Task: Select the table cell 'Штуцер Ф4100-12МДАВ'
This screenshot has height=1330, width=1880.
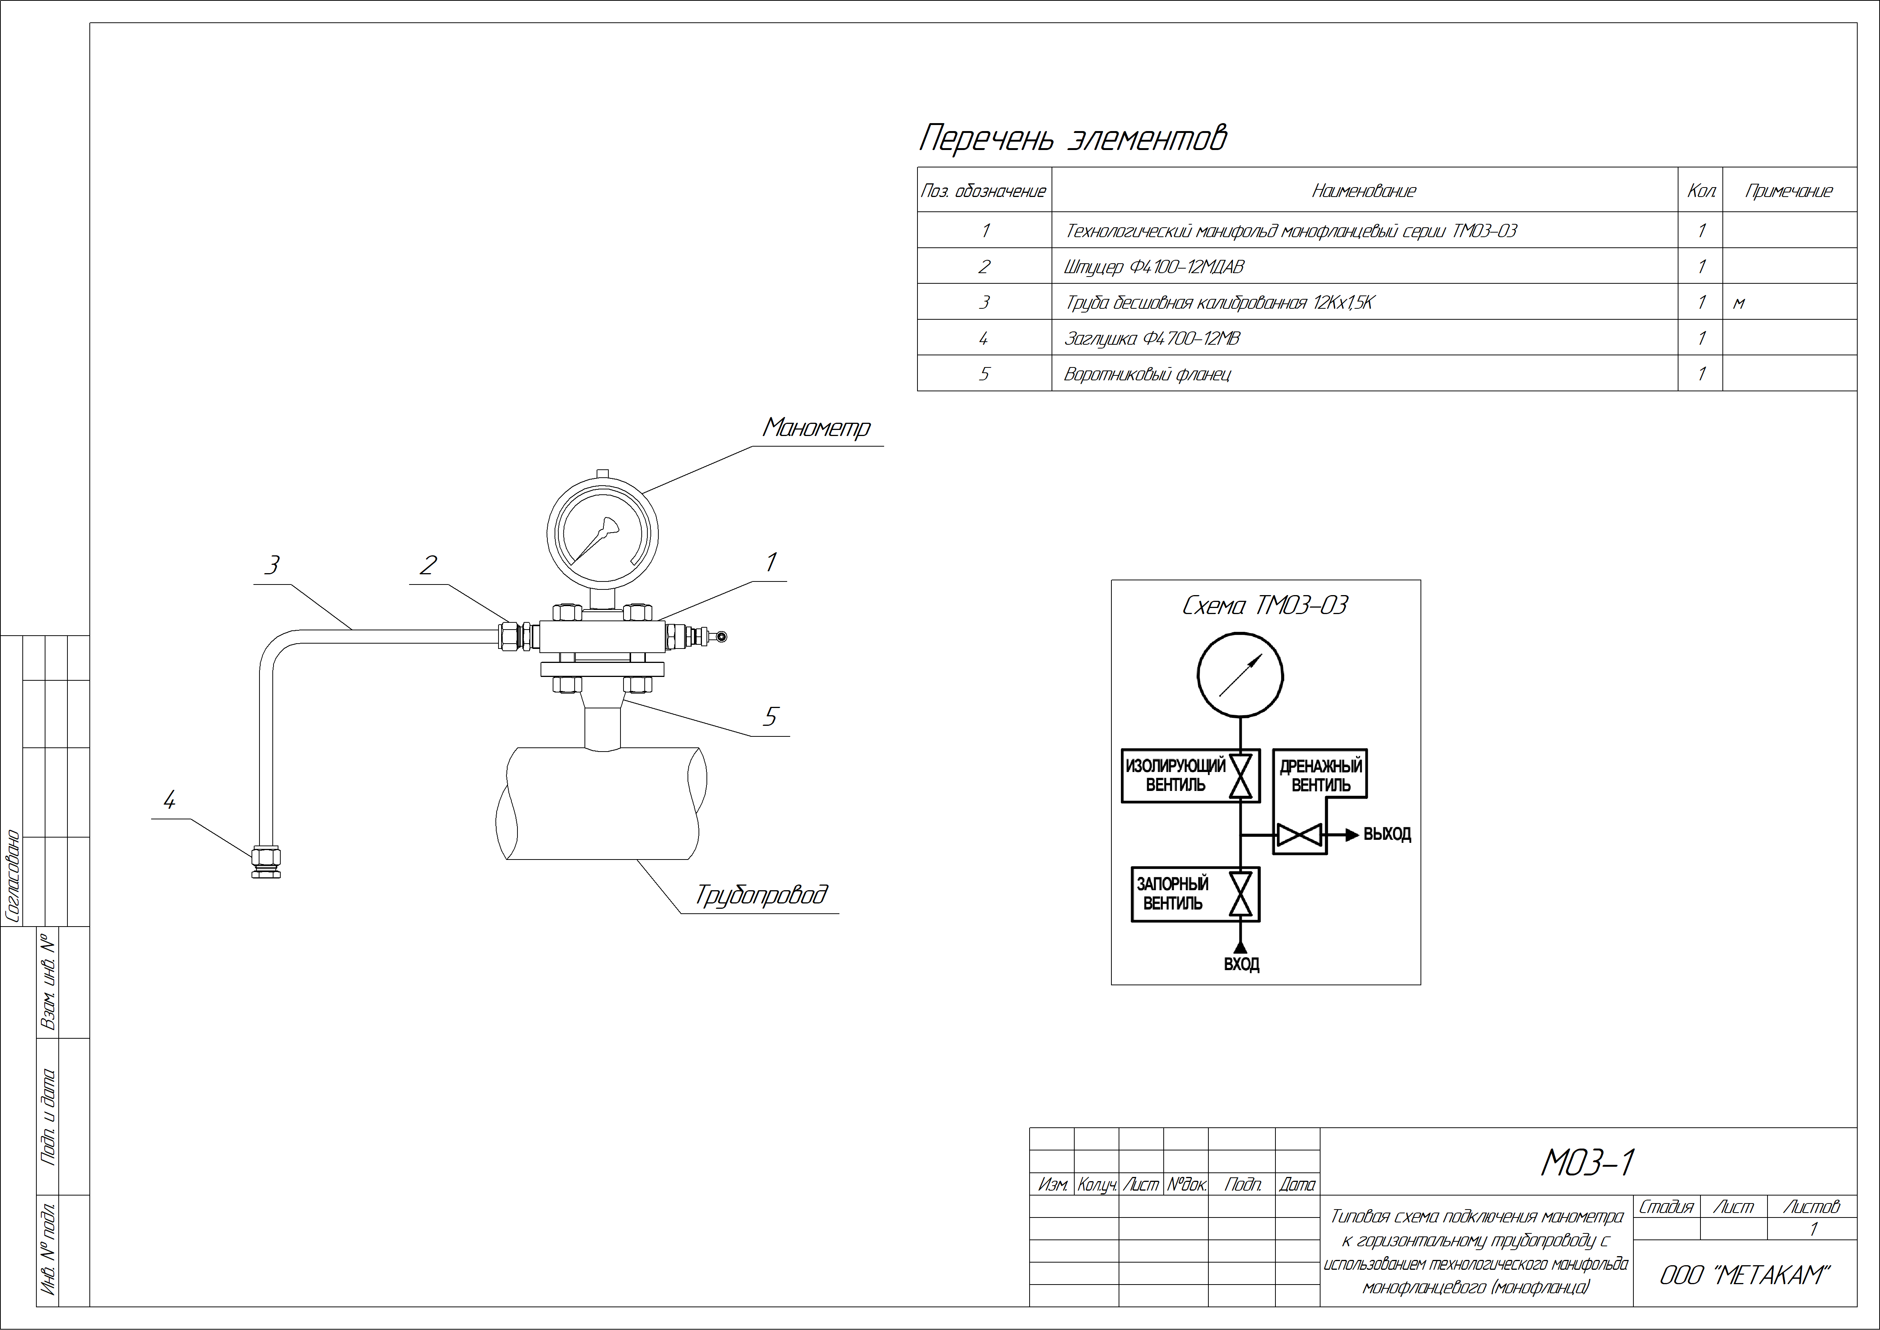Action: [x=1364, y=266]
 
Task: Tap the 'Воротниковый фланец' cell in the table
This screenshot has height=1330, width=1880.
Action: [x=1364, y=374]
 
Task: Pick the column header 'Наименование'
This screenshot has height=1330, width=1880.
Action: [x=1364, y=191]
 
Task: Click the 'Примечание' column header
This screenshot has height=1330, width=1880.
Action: [x=1789, y=191]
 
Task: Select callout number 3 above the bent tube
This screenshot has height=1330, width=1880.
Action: [x=272, y=565]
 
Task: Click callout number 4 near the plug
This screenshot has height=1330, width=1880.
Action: [x=169, y=800]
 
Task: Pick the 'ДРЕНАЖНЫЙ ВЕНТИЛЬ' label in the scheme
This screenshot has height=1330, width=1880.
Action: [x=1321, y=775]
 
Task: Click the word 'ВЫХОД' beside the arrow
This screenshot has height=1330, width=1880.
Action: [x=1387, y=835]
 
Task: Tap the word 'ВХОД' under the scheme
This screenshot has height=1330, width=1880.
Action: [x=1241, y=964]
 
